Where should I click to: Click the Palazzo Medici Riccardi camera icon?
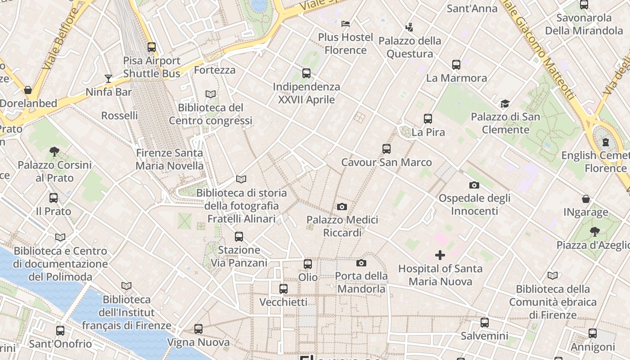pos(342,207)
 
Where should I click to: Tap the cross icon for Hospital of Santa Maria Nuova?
pos(440,256)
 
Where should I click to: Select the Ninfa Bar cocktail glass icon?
pos(108,79)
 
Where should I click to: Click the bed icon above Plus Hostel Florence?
pos(346,23)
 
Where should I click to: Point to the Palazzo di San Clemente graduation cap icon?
pos(505,104)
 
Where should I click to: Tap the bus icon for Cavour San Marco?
pos(386,149)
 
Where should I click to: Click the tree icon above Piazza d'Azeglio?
pos(594,232)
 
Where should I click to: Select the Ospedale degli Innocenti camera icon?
pos(474,185)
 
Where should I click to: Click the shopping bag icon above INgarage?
pos(586,199)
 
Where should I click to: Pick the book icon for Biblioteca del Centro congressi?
pos(210,94)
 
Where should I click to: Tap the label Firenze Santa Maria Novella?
pos(169,159)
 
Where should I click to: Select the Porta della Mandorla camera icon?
pos(361,263)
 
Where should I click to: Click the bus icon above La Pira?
pos(428,119)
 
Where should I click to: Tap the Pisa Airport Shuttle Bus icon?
pos(152,47)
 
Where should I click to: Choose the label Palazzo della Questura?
pos(409,47)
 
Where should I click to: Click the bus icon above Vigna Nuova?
pos(198,329)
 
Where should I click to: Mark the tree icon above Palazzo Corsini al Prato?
pos(54,152)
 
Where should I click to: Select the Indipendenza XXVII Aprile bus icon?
pos(306,73)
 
